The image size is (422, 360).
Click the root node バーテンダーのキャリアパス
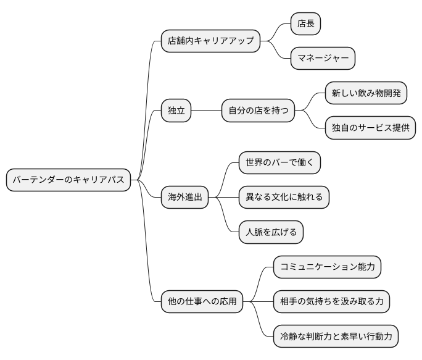[x=68, y=180]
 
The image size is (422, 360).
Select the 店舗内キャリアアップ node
[x=210, y=41]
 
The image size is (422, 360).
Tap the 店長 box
[x=306, y=24]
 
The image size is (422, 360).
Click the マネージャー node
[x=323, y=59]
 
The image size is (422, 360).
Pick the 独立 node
[x=176, y=111]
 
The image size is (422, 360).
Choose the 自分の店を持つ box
[x=258, y=111]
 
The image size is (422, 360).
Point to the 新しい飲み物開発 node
[x=366, y=94]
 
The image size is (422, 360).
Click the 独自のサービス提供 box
[x=370, y=128]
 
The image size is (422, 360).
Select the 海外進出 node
[x=185, y=198]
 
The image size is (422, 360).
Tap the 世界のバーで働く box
[x=279, y=163]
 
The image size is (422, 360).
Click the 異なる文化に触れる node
[x=284, y=198]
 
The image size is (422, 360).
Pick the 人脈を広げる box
[x=271, y=232]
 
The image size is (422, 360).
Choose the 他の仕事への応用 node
[x=202, y=302]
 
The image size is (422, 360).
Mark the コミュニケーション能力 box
[x=327, y=267]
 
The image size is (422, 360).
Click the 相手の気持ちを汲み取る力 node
[x=331, y=302]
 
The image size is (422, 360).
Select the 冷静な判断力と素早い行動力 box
[x=336, y=337]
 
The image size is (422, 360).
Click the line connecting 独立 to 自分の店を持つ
[x=206, y=111]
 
